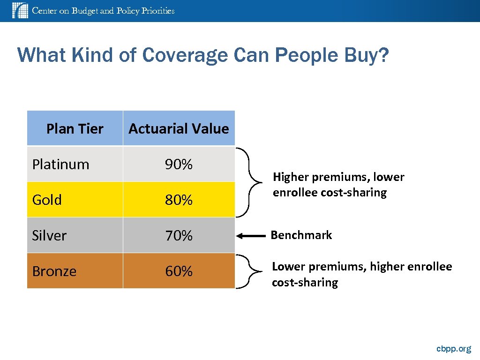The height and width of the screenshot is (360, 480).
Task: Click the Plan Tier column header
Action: tap(75, 128)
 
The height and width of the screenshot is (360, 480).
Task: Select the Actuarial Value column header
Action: tap(179, 128)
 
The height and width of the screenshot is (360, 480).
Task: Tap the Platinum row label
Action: tap(60, 165)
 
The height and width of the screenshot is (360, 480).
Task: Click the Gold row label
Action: tap(47, 200)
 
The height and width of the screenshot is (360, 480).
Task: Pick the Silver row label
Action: tap(49, 236)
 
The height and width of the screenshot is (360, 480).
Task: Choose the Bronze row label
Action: tap(54, 271)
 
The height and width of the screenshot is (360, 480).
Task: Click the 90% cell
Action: tap(179, 165)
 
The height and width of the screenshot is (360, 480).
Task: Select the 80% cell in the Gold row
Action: tap(179, 200)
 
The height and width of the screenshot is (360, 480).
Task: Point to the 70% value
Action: tap(179, 236)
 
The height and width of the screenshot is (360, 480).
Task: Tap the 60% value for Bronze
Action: tap(179, 271)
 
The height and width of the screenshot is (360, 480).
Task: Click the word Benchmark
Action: tap(301, 235)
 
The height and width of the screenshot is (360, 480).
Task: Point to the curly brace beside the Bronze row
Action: tap(251, 271)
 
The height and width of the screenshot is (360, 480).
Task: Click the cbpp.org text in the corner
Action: tap(453, 349)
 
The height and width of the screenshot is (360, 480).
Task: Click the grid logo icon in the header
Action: tap(20, 10)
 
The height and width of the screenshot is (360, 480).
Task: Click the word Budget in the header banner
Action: tap(85, 10)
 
